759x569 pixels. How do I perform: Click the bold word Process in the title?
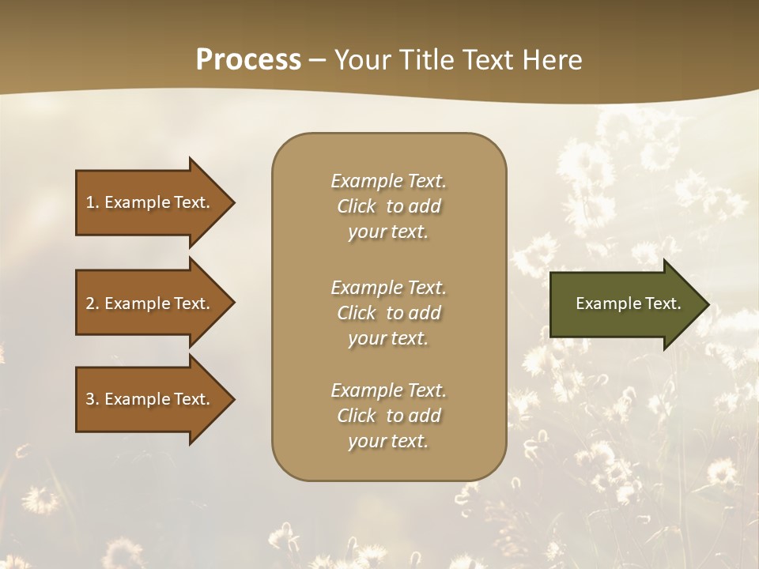(x=248, y=60)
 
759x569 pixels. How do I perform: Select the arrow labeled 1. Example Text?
(x=150, y=202)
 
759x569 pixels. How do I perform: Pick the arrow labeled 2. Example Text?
(x=150, y=303)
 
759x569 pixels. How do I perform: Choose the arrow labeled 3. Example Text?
(x=150, y=399)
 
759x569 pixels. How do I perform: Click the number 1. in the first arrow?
(x=92, y=202)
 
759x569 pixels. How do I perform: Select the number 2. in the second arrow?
(x=92, y=303)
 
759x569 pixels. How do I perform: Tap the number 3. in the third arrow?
(x=92, y=399)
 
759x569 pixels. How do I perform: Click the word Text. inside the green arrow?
(x=663, y=303)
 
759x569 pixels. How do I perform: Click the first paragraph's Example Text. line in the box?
(x=388, y=181)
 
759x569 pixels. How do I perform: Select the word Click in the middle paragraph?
(x=357, y=313)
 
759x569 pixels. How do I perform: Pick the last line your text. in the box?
(x=388, y=442)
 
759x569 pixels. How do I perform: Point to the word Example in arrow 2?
(x=137, y=303)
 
